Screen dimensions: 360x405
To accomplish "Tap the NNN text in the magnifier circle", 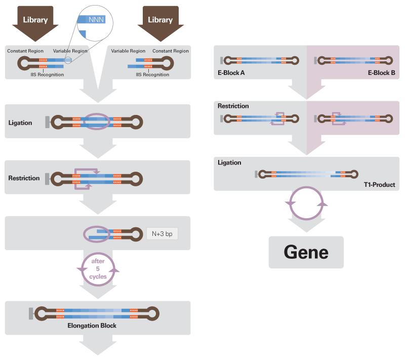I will coord(95,19).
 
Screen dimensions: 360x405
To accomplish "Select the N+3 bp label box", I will coord(162,234).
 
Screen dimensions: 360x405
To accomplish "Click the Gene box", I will coord(306,252).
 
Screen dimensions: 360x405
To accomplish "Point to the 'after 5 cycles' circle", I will coord(98,269).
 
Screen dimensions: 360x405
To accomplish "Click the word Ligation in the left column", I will coord(20,123).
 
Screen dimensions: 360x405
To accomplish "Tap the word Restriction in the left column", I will coord(24,178).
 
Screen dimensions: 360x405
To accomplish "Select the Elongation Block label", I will coord(92,326).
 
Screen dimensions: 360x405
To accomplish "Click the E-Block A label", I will coord(231,73).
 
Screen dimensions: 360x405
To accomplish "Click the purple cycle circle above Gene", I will coord(306,203).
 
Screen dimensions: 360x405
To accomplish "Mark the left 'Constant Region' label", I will coord(25,51).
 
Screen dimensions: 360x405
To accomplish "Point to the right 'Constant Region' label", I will coord(171,51).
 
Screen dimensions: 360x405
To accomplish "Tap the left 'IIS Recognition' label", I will coord(47,74).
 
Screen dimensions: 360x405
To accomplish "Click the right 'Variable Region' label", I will coord(128,51).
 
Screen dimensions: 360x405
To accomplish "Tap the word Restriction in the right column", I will coord(233,106).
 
